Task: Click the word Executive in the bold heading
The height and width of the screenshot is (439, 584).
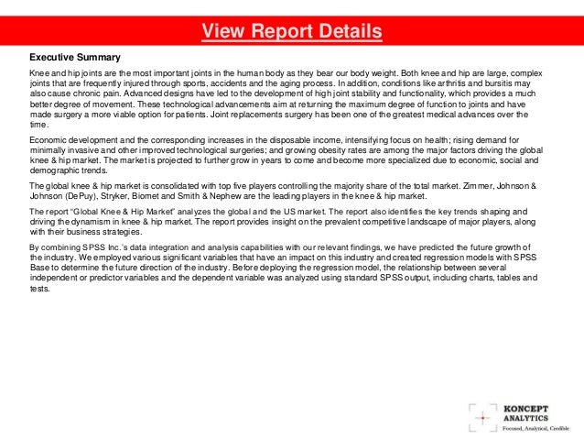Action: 51,56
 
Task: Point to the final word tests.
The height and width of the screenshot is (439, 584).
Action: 40,288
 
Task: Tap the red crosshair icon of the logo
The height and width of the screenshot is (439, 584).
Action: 481,415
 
